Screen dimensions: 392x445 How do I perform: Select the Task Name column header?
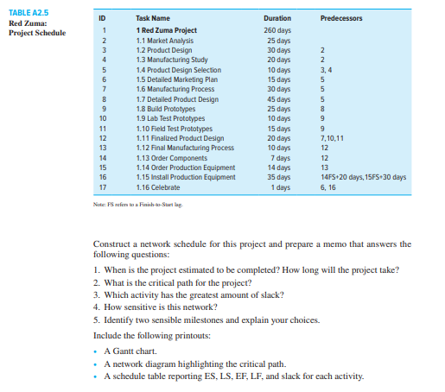(153, 18)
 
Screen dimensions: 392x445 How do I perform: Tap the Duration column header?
(277, 18)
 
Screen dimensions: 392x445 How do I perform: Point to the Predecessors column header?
(341, 18)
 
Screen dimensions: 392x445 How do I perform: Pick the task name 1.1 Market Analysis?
(165, 41)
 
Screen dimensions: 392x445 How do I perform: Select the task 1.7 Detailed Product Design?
(176, 99)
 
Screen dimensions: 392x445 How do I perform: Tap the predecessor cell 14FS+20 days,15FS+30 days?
(362, 177)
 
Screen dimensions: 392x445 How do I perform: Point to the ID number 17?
(103, 187)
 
